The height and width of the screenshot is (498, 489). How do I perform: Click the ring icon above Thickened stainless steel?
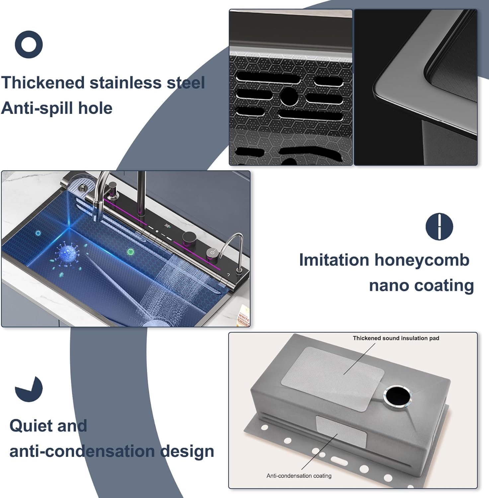point(29,44)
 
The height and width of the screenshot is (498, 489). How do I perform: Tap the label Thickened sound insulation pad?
point(396,338)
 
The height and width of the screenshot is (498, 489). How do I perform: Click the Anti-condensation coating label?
point(299,476)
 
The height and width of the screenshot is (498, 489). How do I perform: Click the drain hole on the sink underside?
point(397,396)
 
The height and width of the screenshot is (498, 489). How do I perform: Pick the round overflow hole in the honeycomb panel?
point(289,97)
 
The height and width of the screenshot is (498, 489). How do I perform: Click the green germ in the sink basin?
point(130,251)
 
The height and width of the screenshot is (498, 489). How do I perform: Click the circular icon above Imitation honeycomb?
point(439,226)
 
